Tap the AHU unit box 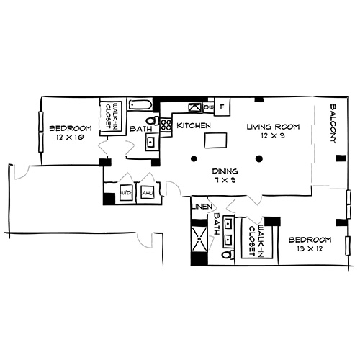pos(147,193)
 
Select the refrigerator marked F pos(222,107)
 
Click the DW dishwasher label pos(208,107)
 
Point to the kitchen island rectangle pos(215,140)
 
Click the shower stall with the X pos(199,240)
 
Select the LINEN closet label pos(199,207)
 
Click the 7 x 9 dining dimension pos(225,181)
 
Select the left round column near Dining pos(193,158)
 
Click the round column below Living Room pos(258,158)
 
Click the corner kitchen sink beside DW pos(194,107)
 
